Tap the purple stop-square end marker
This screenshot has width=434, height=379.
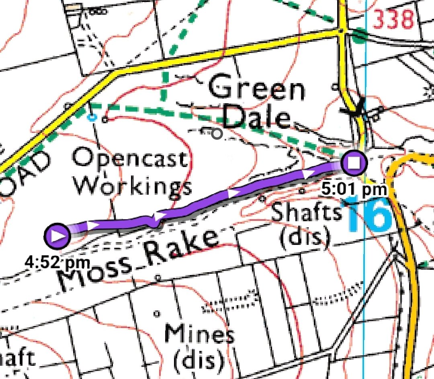point(354,163)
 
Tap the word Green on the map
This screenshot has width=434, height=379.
point(257,89)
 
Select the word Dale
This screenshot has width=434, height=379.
point(256,118)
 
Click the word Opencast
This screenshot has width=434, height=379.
point(130,158)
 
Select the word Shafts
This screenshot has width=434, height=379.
point(306,212)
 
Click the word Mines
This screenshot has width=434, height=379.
point(199,334)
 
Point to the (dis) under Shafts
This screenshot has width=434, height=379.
point(305,238)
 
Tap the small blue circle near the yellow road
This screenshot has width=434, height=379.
point(92,117)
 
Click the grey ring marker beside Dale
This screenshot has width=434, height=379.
point(217,134)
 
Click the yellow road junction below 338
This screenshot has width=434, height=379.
point(342,31)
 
